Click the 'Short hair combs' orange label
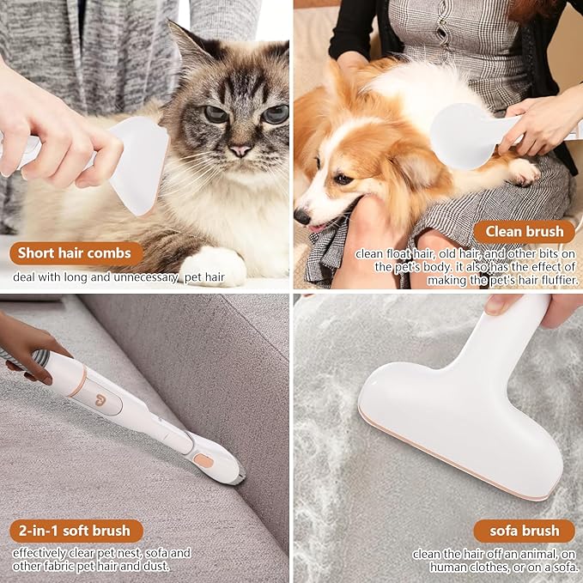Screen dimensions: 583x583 point(76,253)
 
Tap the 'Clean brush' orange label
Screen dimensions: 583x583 point(524,232)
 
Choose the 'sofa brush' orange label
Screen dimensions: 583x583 point(523,531)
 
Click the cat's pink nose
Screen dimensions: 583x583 point(240,149)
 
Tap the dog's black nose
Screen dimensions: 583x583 point(302,216)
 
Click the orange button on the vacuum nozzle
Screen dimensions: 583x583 point(203,460)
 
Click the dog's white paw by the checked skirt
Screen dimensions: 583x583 point(525,172)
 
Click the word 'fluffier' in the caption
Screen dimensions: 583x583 point(556,280)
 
